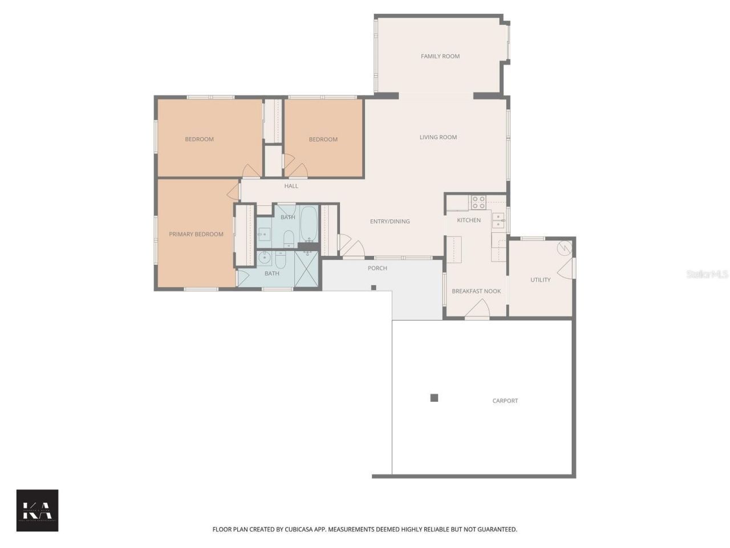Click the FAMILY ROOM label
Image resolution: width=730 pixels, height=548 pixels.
[440, 56]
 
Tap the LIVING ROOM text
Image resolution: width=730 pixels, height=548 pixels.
[438, 137]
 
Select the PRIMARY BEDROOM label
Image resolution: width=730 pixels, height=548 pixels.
[196, 234]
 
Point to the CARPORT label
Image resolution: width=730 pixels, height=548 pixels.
[505, 401]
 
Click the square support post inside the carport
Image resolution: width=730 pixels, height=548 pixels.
[434, 398]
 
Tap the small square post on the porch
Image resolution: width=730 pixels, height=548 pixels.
[374, 287]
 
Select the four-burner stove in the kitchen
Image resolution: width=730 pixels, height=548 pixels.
[478, 202]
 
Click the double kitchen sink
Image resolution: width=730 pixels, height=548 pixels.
[498, 220]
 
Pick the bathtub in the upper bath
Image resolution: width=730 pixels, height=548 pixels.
[309, 224]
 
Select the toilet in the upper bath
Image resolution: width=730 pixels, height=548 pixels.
[289, 237]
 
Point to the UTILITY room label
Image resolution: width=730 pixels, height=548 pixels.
[540, 280]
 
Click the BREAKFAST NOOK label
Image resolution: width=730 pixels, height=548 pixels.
[476, 291]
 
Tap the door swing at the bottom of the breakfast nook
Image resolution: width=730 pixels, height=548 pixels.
[477, 309]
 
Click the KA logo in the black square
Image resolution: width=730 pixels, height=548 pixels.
[37, 510]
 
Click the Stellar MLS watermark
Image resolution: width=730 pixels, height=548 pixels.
[707, 274]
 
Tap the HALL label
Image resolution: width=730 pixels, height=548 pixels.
[291, 186]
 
